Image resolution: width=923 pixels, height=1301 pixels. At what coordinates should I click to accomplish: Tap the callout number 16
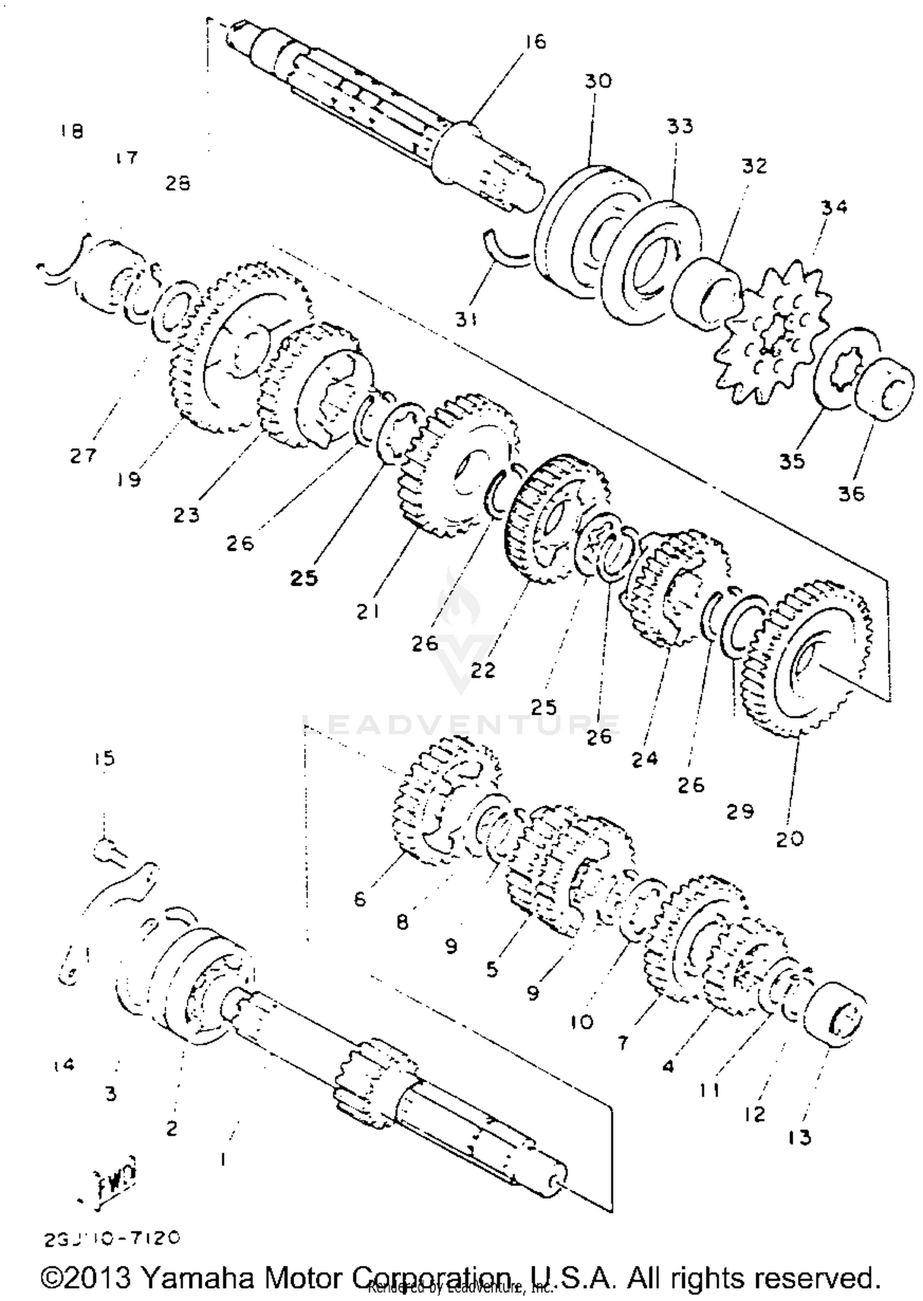535,42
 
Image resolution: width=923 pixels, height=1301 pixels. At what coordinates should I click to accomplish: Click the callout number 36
851,493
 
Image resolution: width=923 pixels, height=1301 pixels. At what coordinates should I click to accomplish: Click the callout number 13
799,1138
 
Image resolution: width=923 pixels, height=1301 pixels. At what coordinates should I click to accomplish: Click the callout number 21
367,611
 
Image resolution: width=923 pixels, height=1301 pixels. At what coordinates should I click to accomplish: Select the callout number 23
186,515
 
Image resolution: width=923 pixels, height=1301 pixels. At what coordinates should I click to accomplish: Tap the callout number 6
360,900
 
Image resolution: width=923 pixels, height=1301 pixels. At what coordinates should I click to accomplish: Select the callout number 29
740,812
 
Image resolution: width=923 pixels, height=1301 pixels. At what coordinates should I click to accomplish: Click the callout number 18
72,131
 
